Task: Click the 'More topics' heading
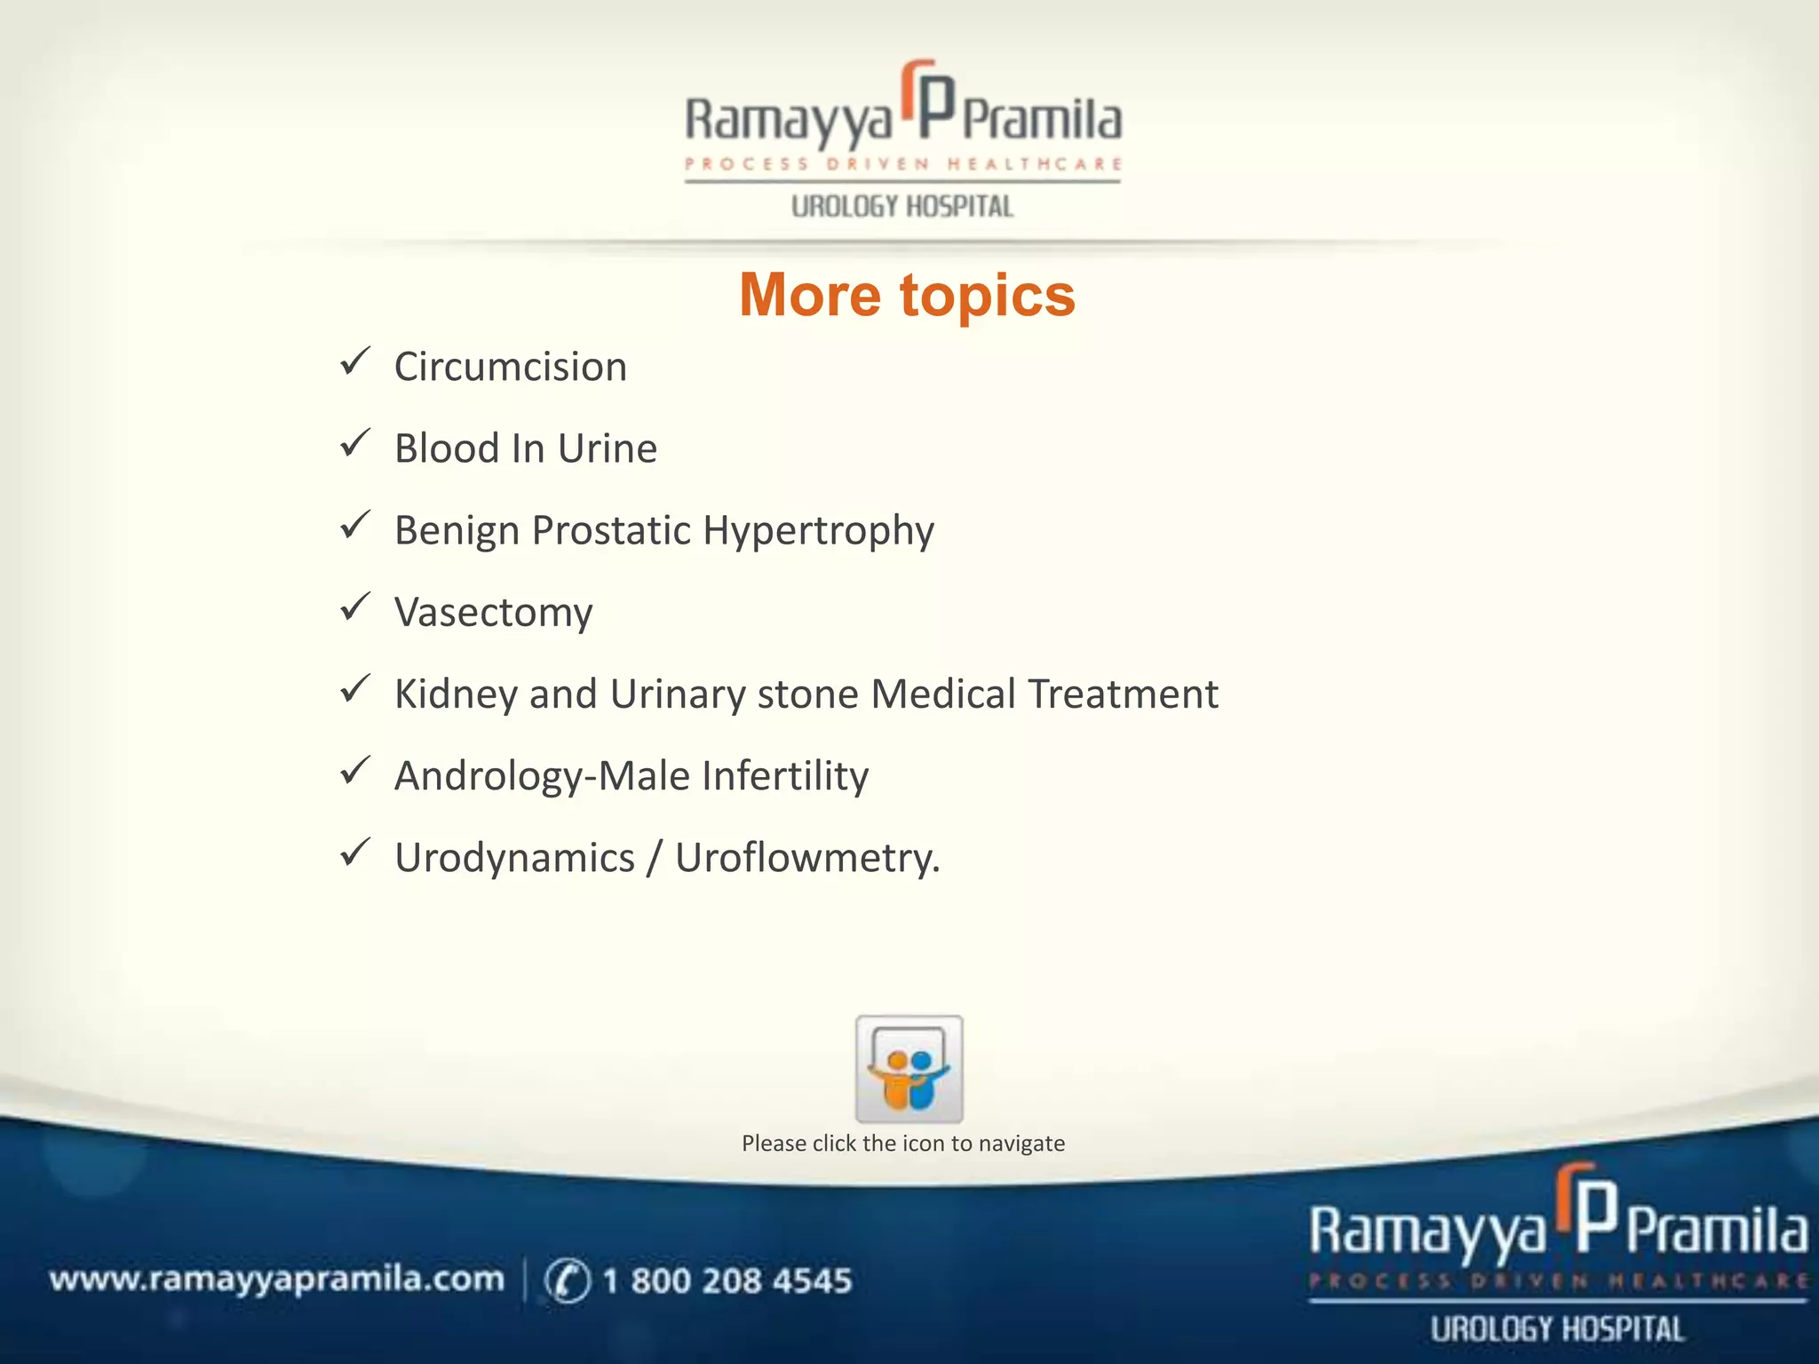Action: (x=907, y=295)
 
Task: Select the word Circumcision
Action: (x=511, y=367)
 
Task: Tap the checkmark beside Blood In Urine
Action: (x=355, y=443)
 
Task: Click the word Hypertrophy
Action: (x=818, y=531)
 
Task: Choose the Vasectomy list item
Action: (x=494, y=613)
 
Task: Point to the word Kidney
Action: (x=456, y=694)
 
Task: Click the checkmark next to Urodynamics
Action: (x=355, y=852)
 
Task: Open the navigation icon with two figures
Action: (x=909, y=1069)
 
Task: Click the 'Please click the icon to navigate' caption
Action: (x=903, y=1144)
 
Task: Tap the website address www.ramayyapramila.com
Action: (x=276, y=1280)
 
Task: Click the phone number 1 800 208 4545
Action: (x=727, y=1281)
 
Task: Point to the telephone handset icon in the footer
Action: (x=567, y=1281)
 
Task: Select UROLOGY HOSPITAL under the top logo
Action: (x=902, y=207)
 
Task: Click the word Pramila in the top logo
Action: (x=1042, y=121)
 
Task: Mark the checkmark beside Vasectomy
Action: (x=355, y=607)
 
